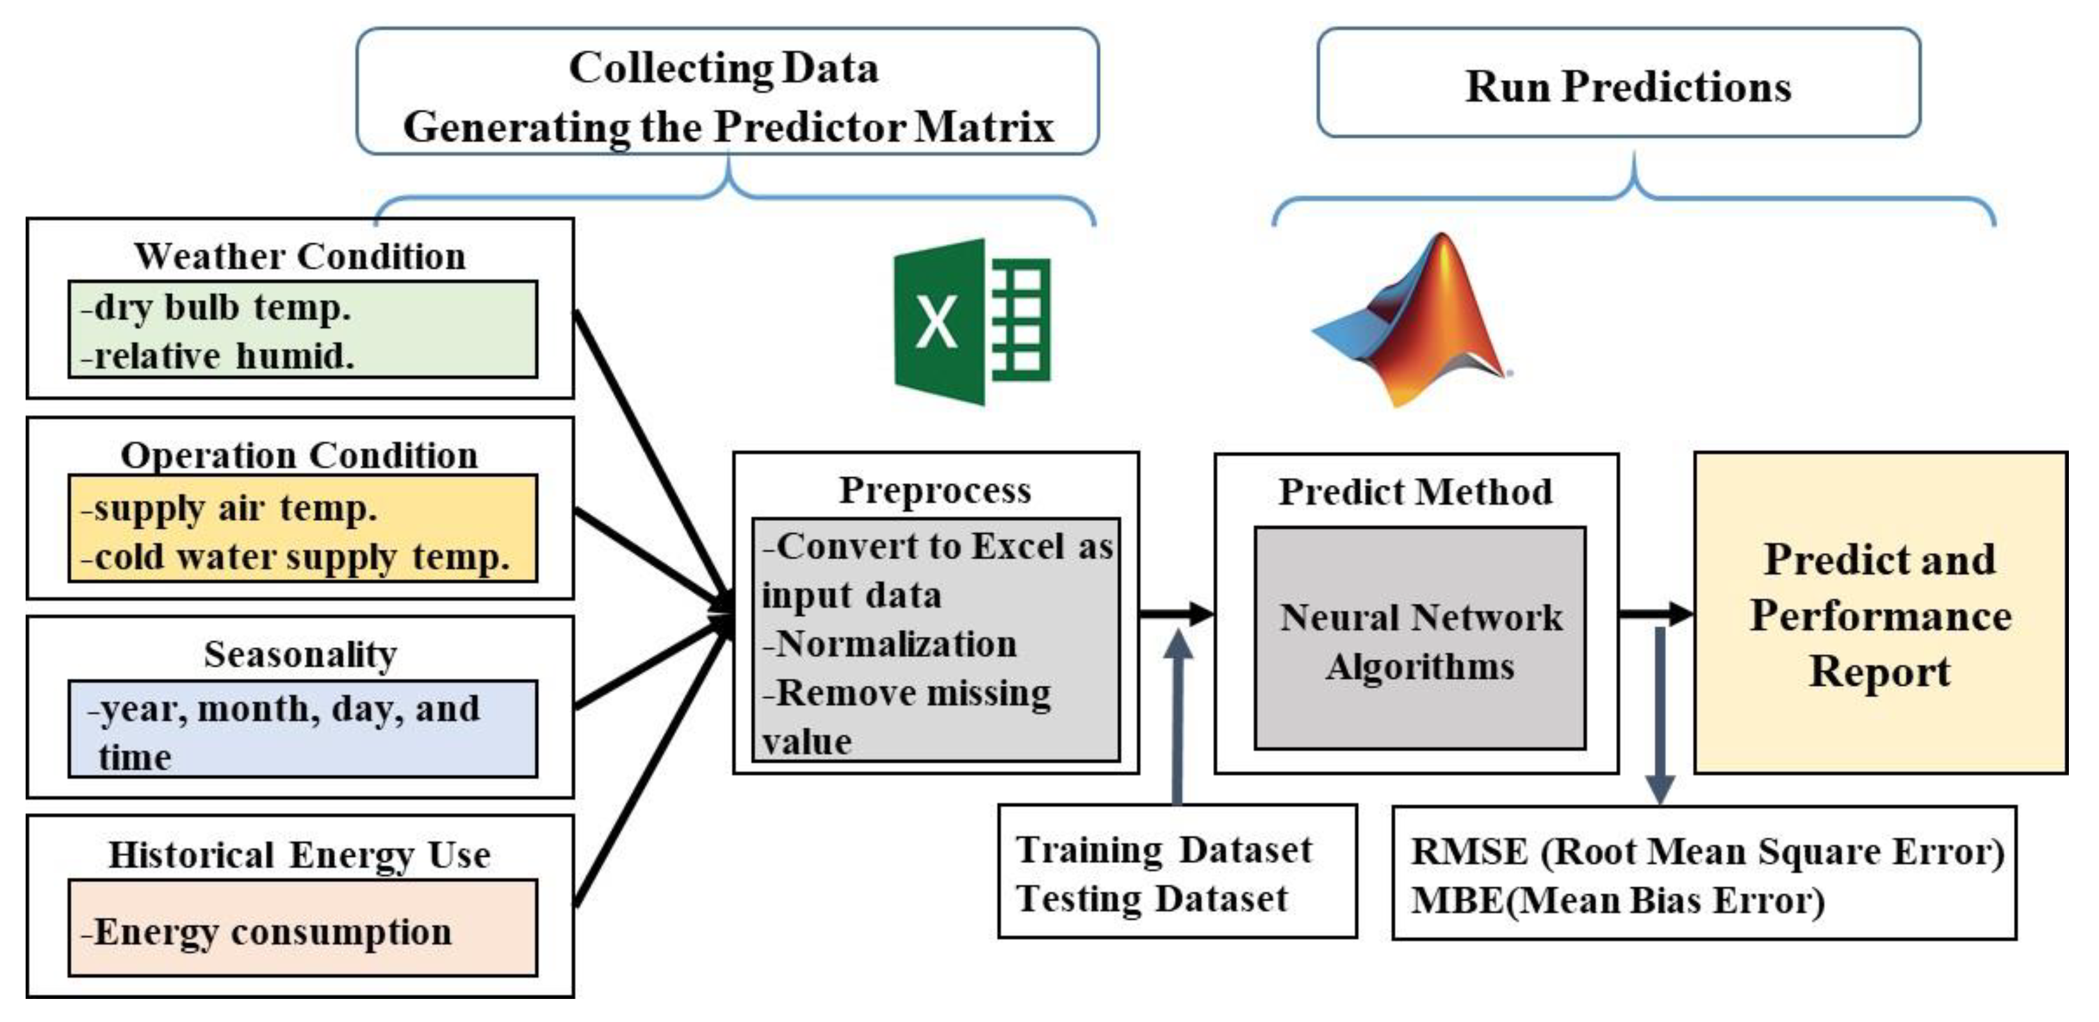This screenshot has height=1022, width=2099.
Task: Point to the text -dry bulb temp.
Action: pos(216,308)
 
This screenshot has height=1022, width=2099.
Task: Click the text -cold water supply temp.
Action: pos(295,557)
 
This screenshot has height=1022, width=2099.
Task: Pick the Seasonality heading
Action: pos(300,654)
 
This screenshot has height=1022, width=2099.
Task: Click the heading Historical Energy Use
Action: pos(300,855)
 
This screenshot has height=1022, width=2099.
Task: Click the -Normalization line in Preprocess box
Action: pos(890,644)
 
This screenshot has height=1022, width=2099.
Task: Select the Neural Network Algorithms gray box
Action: pos(1419,639)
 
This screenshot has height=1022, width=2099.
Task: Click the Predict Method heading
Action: pos(1416,491)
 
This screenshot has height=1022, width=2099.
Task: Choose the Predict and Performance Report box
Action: pos(1880,613)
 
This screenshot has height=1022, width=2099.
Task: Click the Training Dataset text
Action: pos(1164,850)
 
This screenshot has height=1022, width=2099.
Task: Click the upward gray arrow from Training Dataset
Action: pos(1177,717)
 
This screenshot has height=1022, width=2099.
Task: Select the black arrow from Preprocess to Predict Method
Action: pos(1176,613)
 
